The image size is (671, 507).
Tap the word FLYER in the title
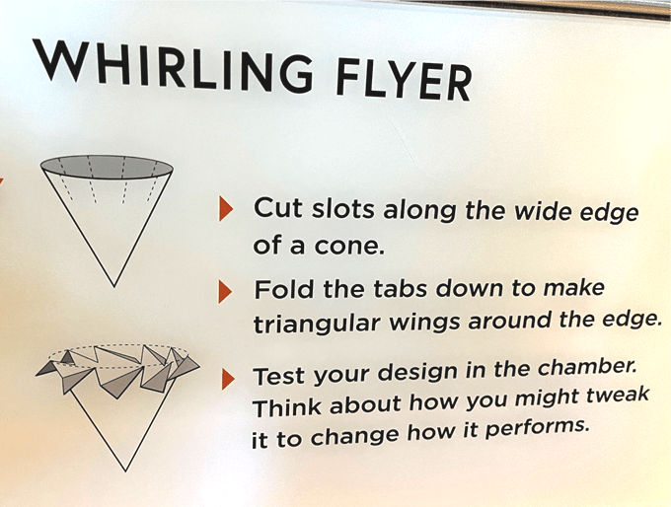point(404,80)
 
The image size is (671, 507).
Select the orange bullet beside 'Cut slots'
point(226,208)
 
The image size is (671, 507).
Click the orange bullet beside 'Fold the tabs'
point(225,291)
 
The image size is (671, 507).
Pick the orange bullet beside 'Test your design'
point(228,378)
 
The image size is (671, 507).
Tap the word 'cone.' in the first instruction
point(347,247)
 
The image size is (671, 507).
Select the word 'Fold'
point(284,289)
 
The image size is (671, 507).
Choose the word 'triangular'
point(317,325)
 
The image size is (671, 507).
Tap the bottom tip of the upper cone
point(114,287)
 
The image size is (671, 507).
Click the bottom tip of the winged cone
point(126,471)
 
